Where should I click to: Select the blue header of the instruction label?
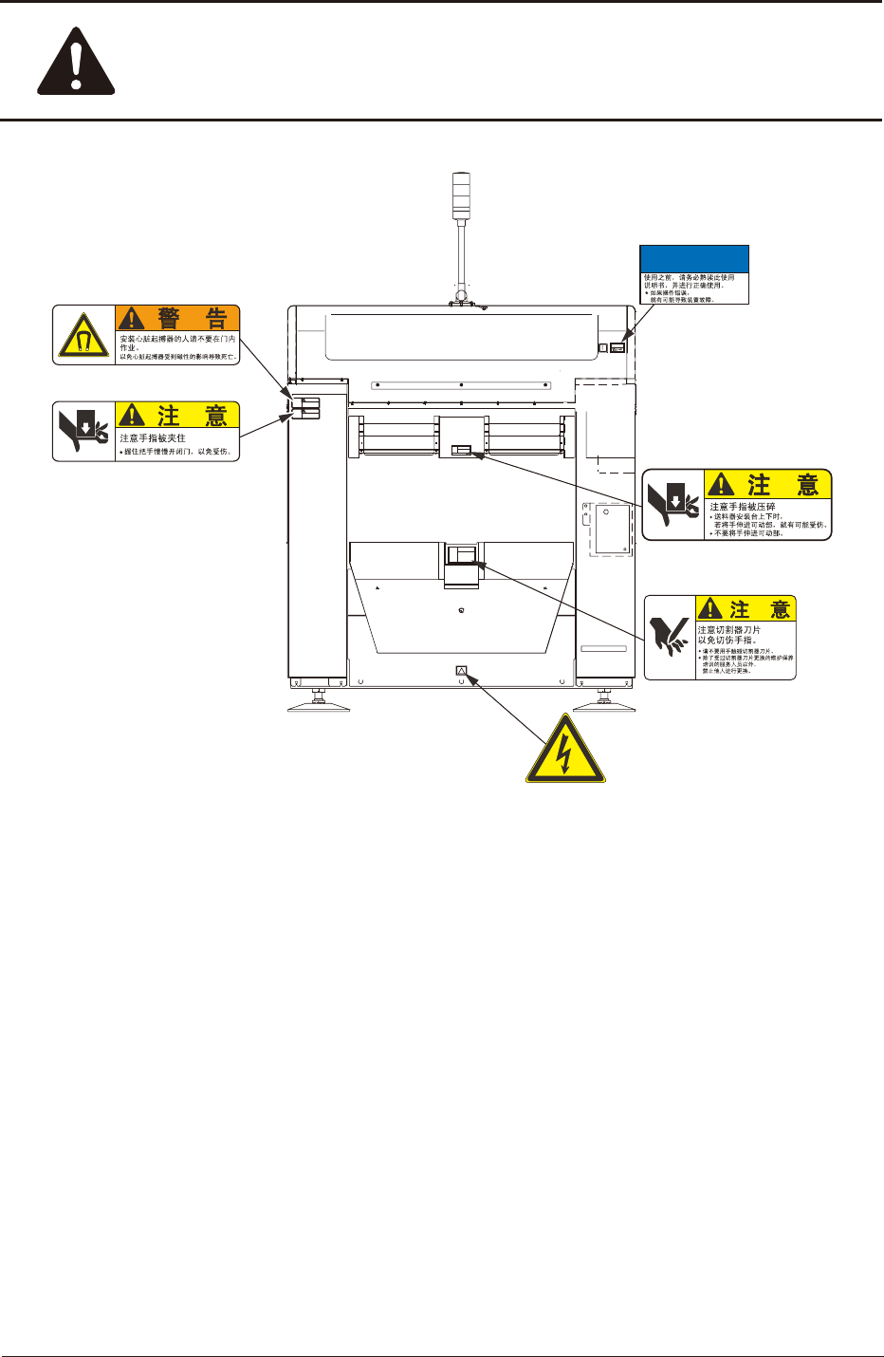[694, 259]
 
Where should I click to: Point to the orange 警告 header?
[177, 318]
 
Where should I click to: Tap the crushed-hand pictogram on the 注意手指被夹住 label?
[84, 432]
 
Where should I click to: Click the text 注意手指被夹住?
[153, 438]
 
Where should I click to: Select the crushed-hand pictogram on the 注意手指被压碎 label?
[673, 505]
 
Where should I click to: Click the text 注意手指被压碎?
[743, 507]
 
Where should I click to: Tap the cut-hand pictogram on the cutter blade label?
[670, 636]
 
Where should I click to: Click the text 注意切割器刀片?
[728, 630]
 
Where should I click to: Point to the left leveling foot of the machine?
[319, 703]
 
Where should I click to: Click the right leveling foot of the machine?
[604, 703]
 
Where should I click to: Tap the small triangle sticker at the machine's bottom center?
[462, 671]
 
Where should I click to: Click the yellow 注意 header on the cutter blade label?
[746, 608]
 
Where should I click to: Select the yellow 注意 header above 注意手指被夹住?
[177, 415]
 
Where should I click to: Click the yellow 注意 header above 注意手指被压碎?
[768, 485]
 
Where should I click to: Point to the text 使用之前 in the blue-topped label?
[658, 278]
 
